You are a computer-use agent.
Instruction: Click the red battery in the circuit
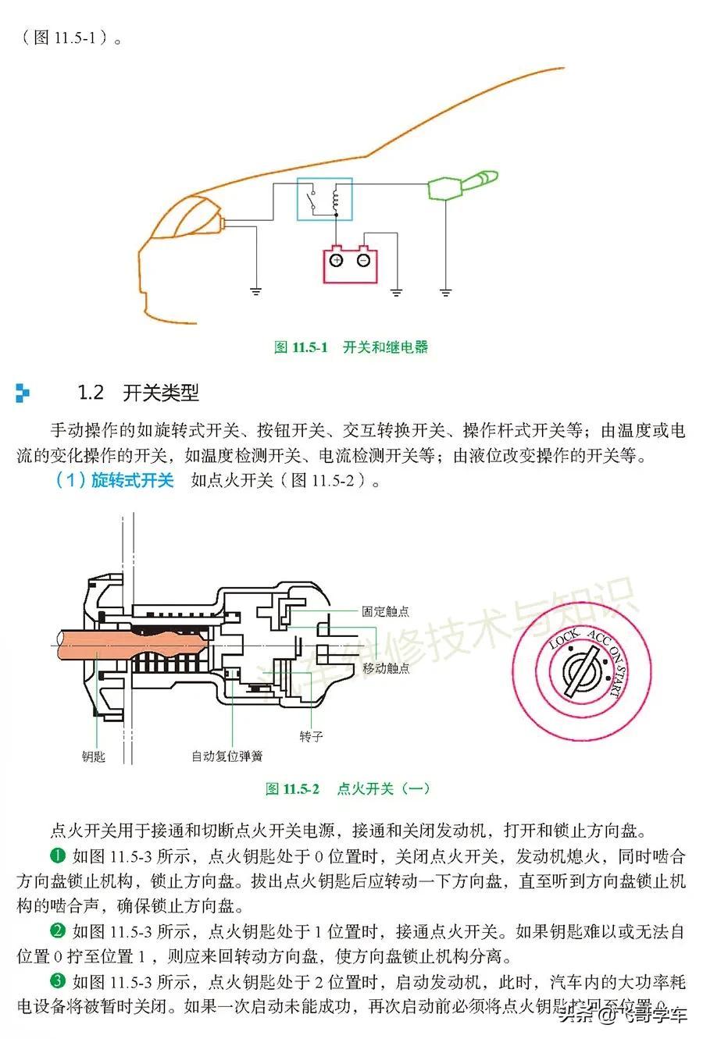[351, 265]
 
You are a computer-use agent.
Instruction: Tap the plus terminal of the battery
[336, 260]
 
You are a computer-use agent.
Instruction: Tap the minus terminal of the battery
[363, 260]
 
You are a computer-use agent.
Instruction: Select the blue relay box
[323, 199]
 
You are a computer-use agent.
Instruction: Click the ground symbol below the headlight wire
[255, 292]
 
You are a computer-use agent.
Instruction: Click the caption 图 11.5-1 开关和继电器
[351, 347]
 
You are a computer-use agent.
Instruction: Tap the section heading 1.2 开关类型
[138, 392]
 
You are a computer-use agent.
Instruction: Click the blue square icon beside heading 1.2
[23, 393]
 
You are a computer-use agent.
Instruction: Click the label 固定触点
[385, 611]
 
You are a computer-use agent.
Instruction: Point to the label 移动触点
[385, 668]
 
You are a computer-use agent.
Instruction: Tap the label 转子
[311, 736]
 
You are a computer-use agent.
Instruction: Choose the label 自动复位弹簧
[227, 756]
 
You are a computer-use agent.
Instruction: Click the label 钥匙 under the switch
[94, 756]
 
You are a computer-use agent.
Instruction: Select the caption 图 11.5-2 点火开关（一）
[348, 788]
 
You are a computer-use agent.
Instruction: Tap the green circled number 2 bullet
[58, 930]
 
